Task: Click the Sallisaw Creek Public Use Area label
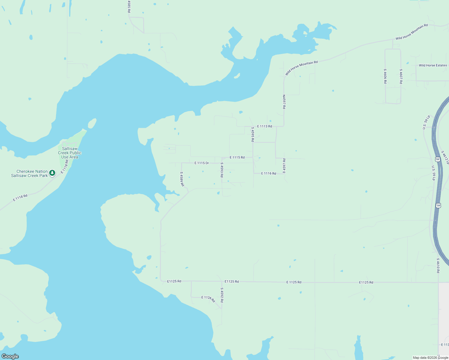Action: (69, 153)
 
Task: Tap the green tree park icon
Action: (52, 173)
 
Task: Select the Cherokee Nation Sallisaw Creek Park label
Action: (29, 173)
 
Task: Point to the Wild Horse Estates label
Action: (433, 65)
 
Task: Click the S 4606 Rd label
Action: (385, 76)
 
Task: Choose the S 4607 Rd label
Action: (401, 76)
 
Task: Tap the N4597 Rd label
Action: (284, 102)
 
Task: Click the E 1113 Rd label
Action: (264, 126)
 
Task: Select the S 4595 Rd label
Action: (253, 134)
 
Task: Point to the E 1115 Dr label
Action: (202, 163)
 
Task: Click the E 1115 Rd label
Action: (237, 157)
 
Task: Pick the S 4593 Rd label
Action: (222, 170)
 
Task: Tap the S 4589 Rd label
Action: (182, 179)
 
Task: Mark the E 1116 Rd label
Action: (269, 173)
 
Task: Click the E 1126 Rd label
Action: (208, 298)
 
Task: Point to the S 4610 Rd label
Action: (438, 265)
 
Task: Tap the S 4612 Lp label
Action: (445, 157)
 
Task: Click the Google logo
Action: (10, 356)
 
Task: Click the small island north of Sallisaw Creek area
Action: (92, 123)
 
